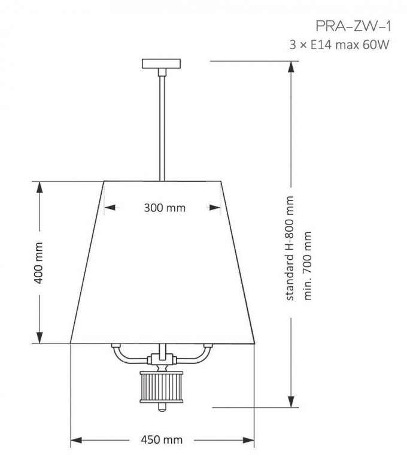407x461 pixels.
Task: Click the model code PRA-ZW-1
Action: (x=354, y=26)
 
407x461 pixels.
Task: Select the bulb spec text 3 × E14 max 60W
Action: (x=339, y=45)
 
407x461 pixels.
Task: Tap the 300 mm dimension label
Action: (x=165, y=208)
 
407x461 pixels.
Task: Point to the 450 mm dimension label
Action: (x=162, y=440)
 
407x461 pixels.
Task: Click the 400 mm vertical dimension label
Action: (x=39, y=263)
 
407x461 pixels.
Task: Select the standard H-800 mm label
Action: (x=290, y=248)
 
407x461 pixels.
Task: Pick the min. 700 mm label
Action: (x=308, y=266)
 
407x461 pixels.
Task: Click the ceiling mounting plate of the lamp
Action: (x=162, y=63)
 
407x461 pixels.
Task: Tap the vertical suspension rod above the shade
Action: (x=162, y=125)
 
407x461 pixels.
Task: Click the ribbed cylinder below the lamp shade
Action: (x=162, y=387)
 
